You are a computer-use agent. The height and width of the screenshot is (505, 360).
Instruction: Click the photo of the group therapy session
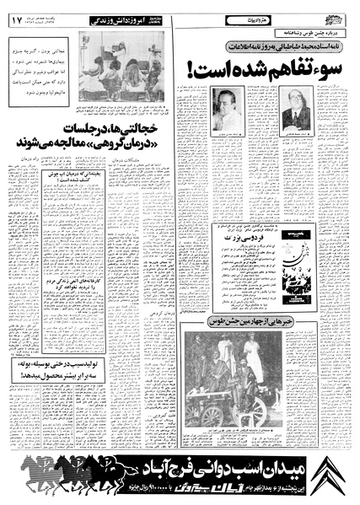tap(120, 63)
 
